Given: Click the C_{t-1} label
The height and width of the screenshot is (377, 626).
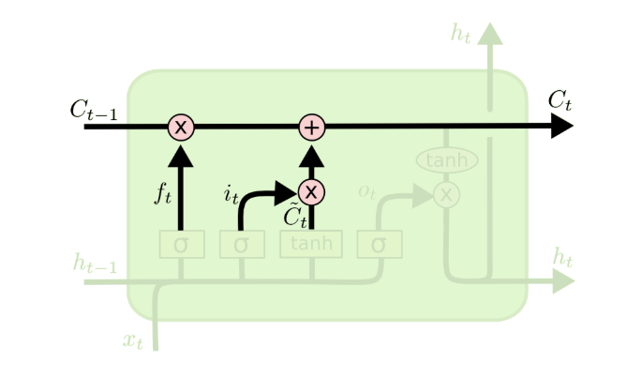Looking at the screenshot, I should [x=94, y=109].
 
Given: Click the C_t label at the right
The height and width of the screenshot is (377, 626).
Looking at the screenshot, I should [x=559, y=100].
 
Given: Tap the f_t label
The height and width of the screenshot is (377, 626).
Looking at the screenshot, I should [x=163, y=195].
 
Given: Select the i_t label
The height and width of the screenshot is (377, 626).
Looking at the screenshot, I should [x=231, y=195].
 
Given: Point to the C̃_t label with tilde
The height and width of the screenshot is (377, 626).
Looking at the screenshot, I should [x=295, y=217].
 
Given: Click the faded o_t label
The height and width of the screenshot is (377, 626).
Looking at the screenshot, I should [x=366, y=192].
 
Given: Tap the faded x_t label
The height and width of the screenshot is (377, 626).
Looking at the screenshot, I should [x=134, y=339].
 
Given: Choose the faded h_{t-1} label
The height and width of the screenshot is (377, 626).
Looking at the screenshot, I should [x=96, y=264].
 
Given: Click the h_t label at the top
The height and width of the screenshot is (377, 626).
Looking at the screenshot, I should [x=460, y=36].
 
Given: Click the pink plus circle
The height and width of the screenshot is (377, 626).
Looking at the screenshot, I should [x=311, y=127].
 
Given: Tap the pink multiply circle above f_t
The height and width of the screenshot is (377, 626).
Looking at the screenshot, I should [x=181, y=127].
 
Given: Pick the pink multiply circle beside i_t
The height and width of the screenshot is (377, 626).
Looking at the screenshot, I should [x=311, y=192].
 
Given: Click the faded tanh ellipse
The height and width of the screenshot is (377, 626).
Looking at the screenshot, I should [x=447, y=160].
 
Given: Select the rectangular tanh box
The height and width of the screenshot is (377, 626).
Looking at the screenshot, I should [x=311, y=244].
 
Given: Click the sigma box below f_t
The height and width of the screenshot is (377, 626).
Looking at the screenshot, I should [x=181, y=244].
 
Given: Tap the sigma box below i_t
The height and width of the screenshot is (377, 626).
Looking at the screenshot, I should [x=241, y=244].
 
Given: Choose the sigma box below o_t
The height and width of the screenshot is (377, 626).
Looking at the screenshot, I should [x=379, y=244].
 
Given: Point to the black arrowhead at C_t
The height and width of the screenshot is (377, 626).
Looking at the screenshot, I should [x=561, y=127].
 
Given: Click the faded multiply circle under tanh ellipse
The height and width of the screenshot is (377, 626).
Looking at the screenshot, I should [x=447, y=194].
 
